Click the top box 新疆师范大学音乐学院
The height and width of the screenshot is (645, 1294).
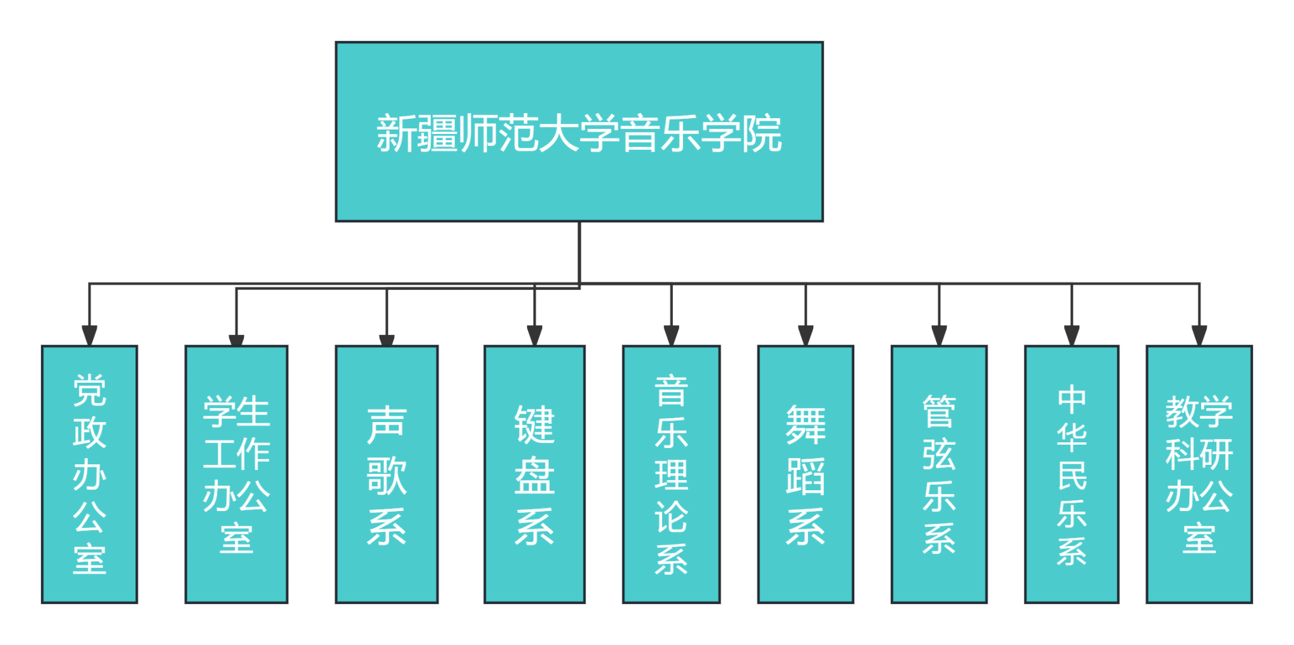[579, 132]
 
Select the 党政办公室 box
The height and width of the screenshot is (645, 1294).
[89, 474]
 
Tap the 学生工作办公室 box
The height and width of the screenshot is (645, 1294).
[236, 474]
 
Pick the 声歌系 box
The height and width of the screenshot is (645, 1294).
[386, 474]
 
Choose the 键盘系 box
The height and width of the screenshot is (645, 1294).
[535, 474]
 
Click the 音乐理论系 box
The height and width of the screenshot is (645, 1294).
[671, 474]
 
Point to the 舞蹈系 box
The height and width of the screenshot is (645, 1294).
[806, 474]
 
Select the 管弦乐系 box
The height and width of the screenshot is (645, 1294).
[939, 474]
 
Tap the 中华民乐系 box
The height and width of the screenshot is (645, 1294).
[1072, 474]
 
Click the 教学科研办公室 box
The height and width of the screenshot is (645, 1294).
[1199, 474]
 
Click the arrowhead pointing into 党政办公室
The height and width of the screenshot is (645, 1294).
[90, 335]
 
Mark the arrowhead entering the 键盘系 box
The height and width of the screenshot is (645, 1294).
[535, 335]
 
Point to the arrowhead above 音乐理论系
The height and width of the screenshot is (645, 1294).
[671, 335]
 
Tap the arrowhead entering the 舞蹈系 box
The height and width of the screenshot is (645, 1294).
[806, 335]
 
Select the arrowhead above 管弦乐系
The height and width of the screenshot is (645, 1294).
[939, 335]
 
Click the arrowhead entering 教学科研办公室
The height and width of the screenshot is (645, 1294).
[1199, 335]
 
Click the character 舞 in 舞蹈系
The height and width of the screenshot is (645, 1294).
[806, 425]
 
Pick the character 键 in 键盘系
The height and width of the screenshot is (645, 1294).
[535, 425]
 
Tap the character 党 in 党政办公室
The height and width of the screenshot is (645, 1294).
[89, 390]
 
